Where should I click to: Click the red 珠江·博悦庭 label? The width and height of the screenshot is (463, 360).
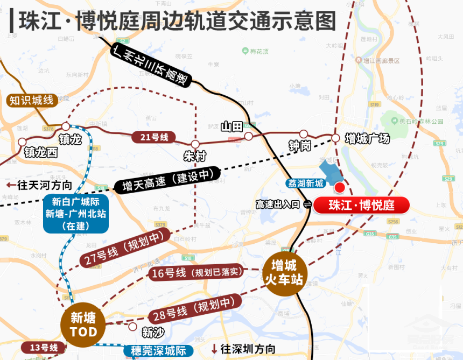[362, 205]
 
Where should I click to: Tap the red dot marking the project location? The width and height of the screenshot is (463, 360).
[340, 187]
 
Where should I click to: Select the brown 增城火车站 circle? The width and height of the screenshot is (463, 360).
[284, 273]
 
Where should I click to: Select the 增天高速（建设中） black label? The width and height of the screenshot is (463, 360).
[167, 181]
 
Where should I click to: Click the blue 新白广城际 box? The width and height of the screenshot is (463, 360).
[76, 213]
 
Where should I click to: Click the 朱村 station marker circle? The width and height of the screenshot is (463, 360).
[195, 144]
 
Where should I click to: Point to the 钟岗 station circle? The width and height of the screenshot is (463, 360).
[304, 134]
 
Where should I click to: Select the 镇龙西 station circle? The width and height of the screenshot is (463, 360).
[22, 142]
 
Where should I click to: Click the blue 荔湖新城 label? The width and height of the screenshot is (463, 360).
[305, 183]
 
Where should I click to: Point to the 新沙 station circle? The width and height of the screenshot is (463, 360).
[132, 326]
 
